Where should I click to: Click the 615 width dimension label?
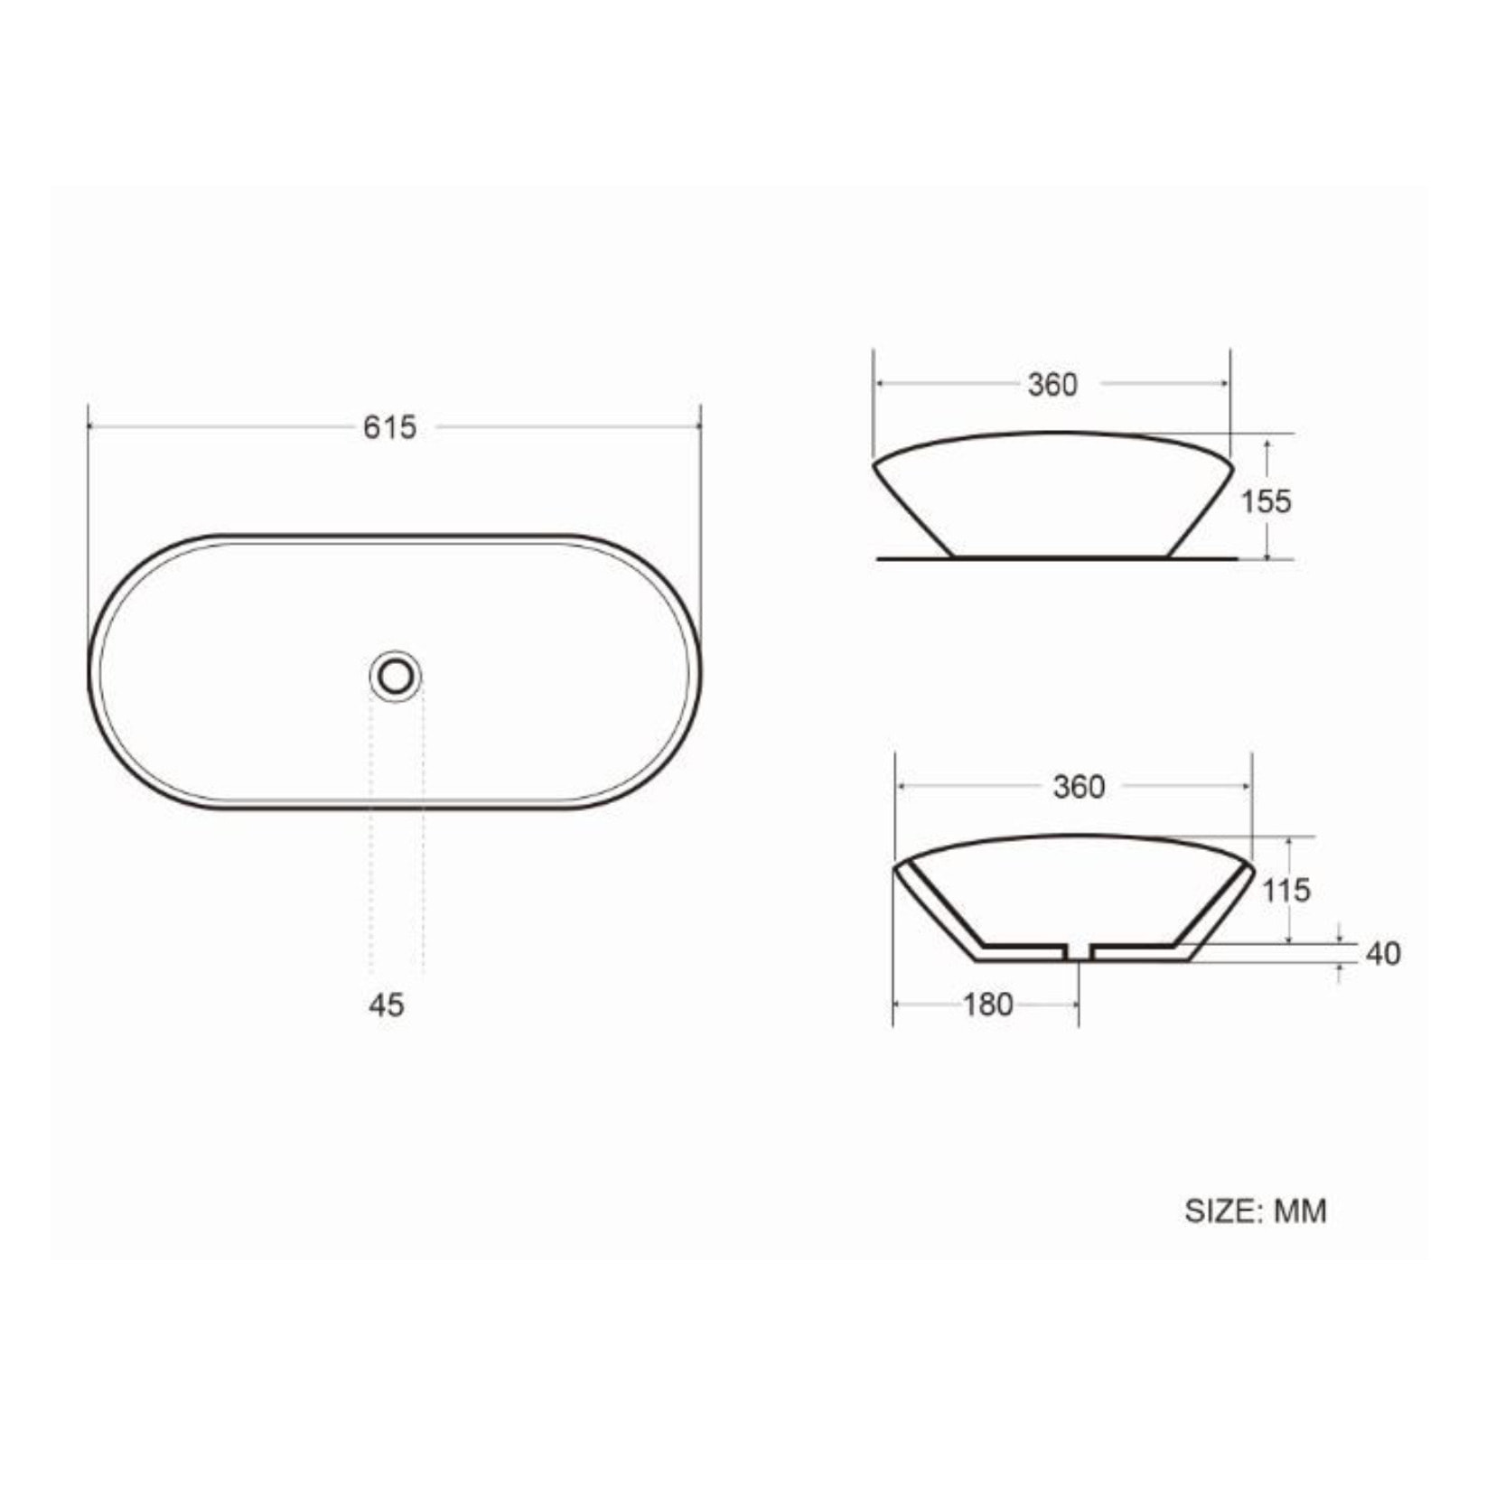389,426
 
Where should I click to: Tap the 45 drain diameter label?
387,1005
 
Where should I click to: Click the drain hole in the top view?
396,676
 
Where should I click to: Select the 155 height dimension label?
1266,500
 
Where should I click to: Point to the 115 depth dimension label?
1285,891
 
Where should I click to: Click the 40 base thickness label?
1383,953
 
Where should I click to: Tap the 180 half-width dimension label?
987,1005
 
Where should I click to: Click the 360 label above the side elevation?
1052,385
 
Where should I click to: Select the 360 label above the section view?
1079,787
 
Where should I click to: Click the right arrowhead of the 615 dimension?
696,426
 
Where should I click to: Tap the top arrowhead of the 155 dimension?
1268,444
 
